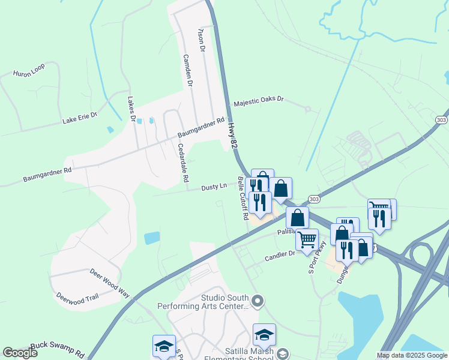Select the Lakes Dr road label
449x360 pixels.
pos(130,109)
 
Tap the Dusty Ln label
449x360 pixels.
pos(214,187)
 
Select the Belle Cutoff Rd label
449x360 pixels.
pos(243,198)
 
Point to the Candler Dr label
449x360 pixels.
pos(281,256)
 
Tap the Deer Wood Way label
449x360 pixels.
pos(110,283)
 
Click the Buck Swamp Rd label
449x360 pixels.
pos(58,348)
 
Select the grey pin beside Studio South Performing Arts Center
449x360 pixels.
pos(258,301)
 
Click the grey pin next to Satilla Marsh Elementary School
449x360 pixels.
pos(283,354)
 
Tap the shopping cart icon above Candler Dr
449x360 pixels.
pos(307,239)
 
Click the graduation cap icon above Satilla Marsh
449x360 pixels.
pos(264,334)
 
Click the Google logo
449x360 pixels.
pos(20,353)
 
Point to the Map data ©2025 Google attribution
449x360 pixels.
pos(412,355)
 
